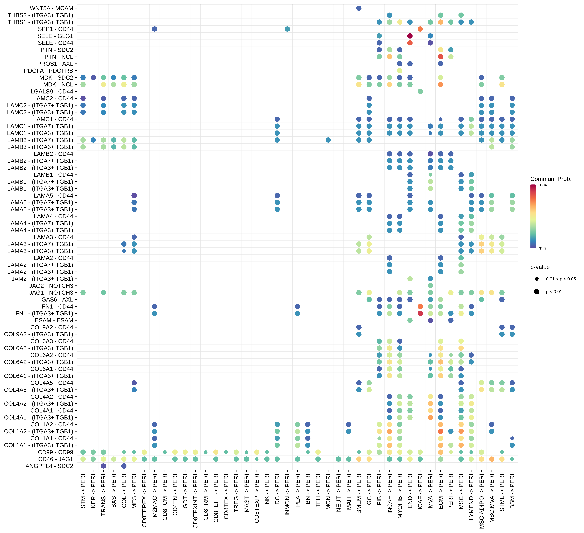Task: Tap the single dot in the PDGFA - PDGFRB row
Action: point(400,71)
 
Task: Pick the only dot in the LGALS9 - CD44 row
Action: point(420,91)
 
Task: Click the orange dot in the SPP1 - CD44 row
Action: point(420,29)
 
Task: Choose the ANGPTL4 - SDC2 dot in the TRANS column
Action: point(103,466)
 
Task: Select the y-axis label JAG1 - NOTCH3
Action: point(51,292)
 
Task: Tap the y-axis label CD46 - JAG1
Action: point(56,459)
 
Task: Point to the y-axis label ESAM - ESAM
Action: point(54,320)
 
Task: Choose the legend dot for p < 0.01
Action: point(537,292)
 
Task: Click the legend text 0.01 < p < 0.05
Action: point(561,279)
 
